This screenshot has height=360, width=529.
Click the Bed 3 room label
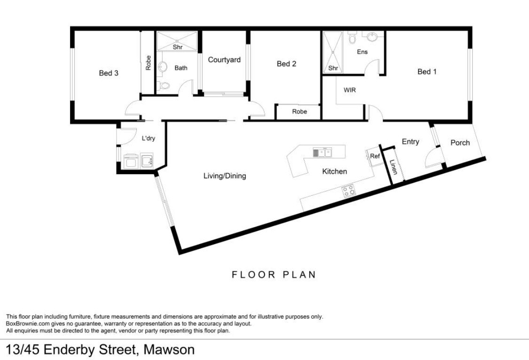click(x=109, y=73)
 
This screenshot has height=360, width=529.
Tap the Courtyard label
click(x=224, y=60)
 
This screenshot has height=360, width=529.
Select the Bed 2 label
click(x=287, y=63)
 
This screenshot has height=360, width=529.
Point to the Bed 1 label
click(x=427, y=71)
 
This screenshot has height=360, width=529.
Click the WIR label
click(x=350, y=90)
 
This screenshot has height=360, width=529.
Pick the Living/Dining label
click(x=225, y=176)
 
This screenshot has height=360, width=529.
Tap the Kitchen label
click(x=335, y=171)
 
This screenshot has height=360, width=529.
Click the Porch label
click(x=460, y=143)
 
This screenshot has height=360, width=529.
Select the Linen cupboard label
click(x=393, y=167)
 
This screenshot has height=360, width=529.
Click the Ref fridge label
click(x=374, y=156)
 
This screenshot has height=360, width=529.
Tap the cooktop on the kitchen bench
click(x=349, y=191)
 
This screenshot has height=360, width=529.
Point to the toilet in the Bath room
click(x=163, y=85)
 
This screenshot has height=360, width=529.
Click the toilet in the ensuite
click(x=352, y=38)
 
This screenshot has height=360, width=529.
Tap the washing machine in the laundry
click(x=131, y=161)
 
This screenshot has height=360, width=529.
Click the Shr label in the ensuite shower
click(x=333, y=68)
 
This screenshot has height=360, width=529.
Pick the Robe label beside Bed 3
click(x=148, y=63)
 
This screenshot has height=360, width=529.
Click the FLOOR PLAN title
click(x=273, y=275)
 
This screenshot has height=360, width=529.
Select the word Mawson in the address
click(x=169, y=350)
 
